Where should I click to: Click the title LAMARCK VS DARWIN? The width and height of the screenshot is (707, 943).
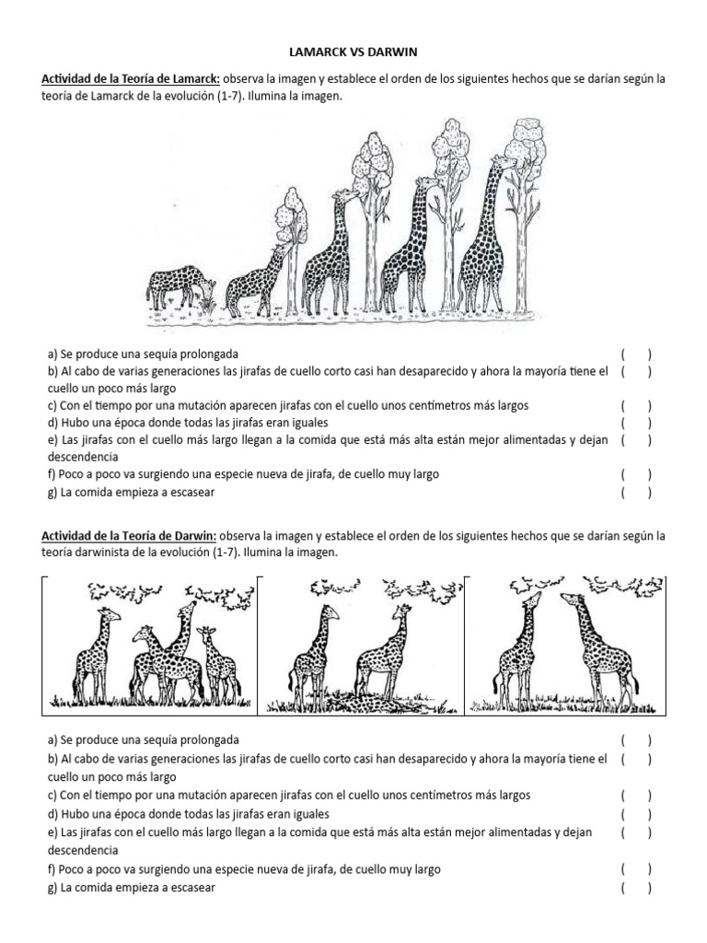tap(353, 54)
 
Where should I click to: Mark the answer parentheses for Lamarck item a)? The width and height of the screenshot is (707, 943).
tap(635, 354)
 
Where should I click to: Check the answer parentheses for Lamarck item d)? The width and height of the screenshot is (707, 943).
tap(635, 423)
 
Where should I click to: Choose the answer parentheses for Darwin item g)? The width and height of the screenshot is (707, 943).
tap(635, 888)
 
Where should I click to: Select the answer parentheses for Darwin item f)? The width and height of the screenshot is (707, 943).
tap(635, 869)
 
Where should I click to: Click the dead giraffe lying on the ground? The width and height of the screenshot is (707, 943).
tap(350, 704)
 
